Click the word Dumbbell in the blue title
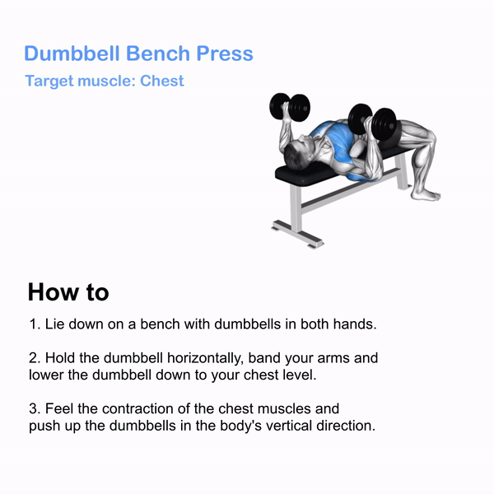click(x=72, y=54)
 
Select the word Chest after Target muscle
click(x=162, y=82)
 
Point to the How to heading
click(x=68, y=292)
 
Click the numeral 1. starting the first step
click(x=35, y=324)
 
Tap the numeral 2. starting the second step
click(x=35, y=359)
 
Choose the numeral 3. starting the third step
click(x=35, y=409)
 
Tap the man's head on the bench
click(x=295, y=151)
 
